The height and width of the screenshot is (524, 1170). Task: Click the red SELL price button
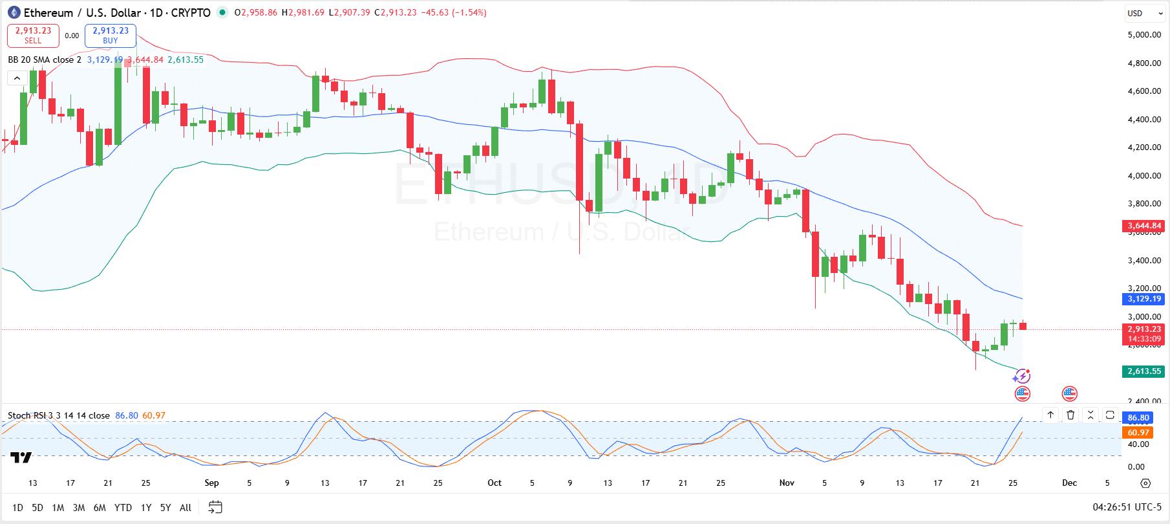(33, 36)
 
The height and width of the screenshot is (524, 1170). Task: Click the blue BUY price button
(111, 36)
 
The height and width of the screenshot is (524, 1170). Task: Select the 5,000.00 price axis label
(1143, 34)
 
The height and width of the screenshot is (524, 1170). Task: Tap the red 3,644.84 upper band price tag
(1144, 226)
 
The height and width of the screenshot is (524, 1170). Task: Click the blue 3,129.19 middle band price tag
(1144, 299)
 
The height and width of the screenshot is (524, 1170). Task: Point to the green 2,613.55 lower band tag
(1144, 371)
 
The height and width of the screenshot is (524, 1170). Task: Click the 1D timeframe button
(17, 508)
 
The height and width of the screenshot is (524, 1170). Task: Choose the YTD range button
(123, 508)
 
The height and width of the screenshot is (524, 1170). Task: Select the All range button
(186, 508)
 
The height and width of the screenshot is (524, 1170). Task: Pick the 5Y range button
(165, 508)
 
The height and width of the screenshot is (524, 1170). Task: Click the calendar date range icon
(216, 507)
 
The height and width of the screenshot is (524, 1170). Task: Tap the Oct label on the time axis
(495, 483)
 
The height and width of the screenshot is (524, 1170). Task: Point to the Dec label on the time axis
(1070, 483)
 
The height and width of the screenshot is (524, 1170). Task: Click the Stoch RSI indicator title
(58, 415)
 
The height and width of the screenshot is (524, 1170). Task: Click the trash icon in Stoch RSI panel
(1070, 415)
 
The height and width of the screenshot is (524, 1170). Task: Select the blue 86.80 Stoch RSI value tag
(1138, 418)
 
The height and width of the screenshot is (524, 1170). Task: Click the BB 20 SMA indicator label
(45, 60)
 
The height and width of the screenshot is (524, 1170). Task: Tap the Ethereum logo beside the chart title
(14, 12)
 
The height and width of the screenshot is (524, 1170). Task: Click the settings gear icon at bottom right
(1145, 483)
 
